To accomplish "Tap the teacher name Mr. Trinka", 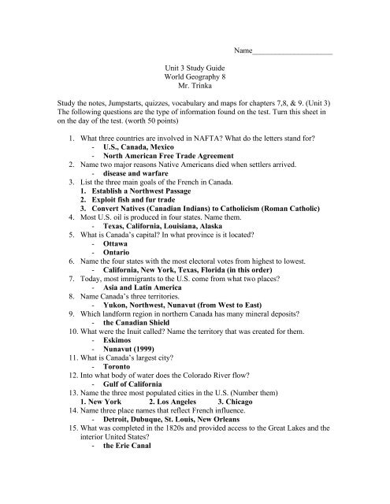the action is coord(195,91).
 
